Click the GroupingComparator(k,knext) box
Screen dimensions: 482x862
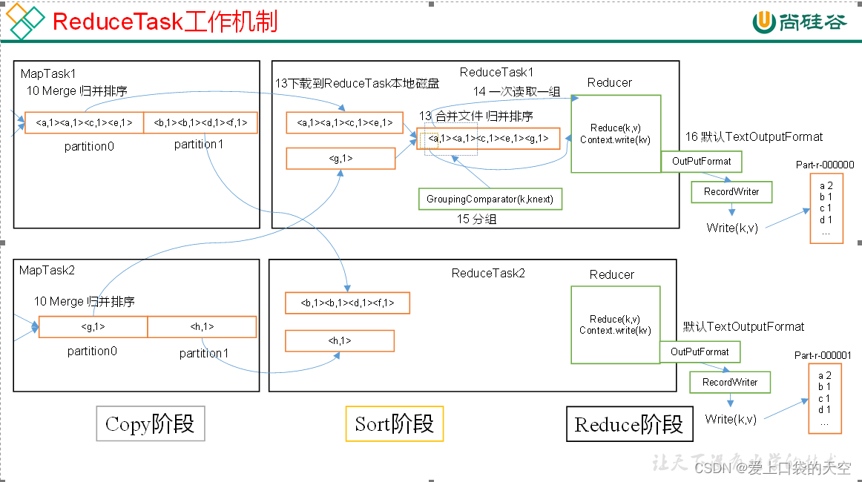click(490, 199)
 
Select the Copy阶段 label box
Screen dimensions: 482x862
click(150, 425)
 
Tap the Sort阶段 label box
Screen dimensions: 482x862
click(394, 424)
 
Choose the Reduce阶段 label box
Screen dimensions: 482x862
click(629, 425)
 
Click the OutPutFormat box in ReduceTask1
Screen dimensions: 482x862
click(701, 161)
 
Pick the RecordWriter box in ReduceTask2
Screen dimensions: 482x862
click(730, 382)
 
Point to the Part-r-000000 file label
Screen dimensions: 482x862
click(825, 165)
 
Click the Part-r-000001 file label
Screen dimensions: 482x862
click(823, 356)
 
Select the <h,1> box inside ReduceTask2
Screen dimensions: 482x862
click(340, 340)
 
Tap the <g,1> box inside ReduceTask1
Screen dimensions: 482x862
click(340, 158)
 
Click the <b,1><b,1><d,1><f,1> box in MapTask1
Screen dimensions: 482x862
click(200, 123)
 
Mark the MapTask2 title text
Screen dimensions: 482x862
click(48, 270)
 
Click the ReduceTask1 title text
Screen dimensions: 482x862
click(496, 72)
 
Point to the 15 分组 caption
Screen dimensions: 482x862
click(476, 219)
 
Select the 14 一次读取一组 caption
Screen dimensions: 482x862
click(517, 91)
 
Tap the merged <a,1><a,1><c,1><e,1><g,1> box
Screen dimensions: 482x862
click(488, 139)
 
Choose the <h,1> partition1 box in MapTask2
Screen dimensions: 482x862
click(202, 327)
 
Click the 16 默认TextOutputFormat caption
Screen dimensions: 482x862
click(754, 136)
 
